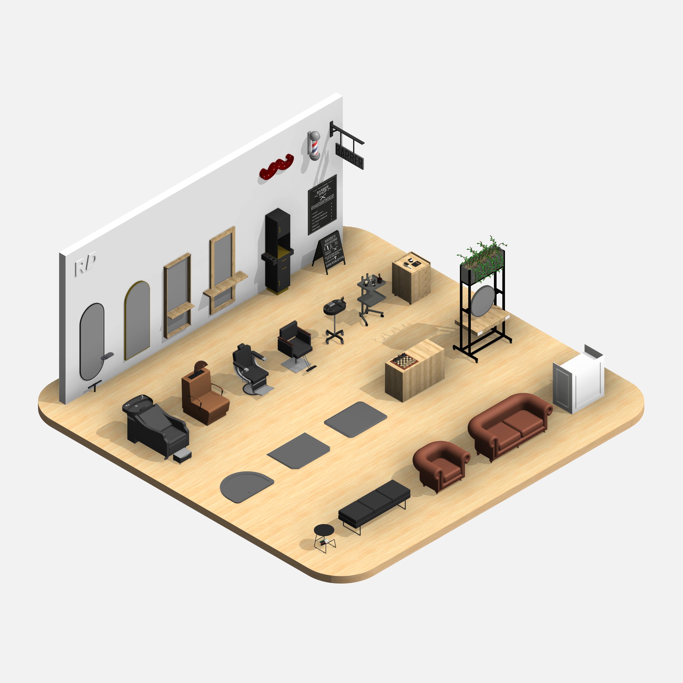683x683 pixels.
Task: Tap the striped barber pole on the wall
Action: point(314,145)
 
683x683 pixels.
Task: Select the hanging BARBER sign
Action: point(349,155)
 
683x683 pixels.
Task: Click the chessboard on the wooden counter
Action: point(404,361)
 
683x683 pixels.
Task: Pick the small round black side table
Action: point(324,530)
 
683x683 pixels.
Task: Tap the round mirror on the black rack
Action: point(483,301)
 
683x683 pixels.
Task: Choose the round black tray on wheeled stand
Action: point(334,306)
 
